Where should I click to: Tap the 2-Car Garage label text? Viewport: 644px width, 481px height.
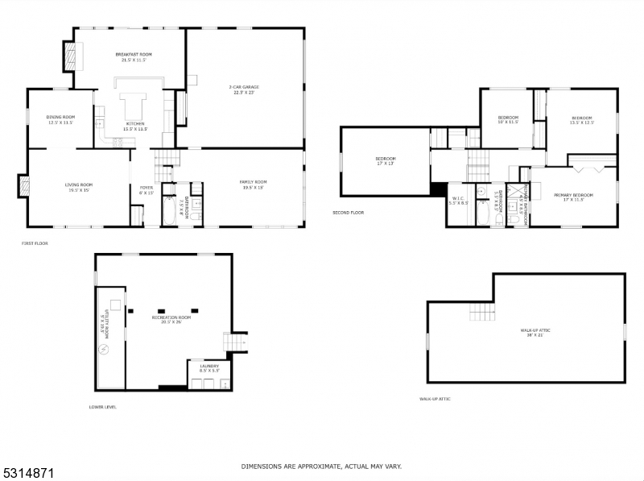point(243,89)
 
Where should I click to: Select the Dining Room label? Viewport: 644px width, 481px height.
point(60,120)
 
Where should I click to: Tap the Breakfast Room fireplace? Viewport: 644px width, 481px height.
point(70,57)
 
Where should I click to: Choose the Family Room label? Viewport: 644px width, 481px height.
point(253,185)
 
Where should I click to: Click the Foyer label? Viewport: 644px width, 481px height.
point(146,190)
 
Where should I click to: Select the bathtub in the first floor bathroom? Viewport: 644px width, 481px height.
point(167,211)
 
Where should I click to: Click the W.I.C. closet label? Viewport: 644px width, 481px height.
point(458,200)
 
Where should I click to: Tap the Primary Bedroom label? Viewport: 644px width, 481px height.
point(573,197)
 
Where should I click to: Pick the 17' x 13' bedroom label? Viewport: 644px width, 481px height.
point(386,161)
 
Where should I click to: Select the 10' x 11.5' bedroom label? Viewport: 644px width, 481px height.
point(507,119)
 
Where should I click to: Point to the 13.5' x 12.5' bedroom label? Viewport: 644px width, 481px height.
point(581,120)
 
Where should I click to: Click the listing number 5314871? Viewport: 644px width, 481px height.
point(27,466)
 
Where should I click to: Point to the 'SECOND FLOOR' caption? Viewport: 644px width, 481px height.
point(348,213)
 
